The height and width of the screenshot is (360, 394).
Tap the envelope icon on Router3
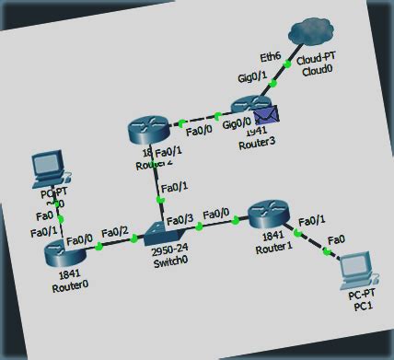(x=265, y=115)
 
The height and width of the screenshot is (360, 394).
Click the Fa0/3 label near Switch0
(x=181, y=218)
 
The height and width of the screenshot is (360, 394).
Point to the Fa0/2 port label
(x=116, y=231)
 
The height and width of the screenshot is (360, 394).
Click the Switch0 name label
(x=168, y=261)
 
